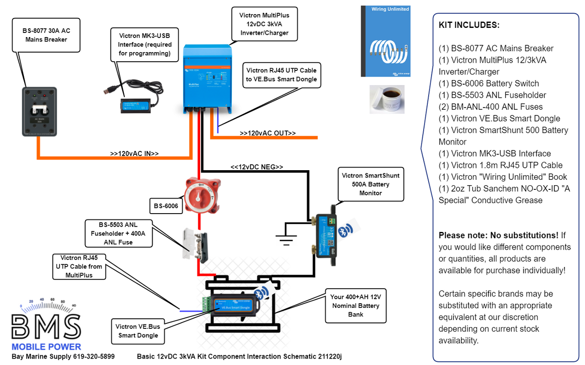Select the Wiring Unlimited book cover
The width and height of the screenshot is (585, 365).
click(385, 41)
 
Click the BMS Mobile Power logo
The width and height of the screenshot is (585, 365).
click(47, 324)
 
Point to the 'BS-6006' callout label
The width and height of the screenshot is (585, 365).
click(166, 206)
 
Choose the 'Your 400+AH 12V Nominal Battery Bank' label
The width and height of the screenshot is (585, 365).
click(356, 306)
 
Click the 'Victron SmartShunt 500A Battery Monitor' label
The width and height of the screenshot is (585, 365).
click(370, 184)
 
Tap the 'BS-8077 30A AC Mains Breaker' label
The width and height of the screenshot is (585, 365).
click(46, 35)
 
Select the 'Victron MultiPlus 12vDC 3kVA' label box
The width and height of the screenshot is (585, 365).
click(264, 24)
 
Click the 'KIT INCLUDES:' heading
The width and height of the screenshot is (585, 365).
click(469, 25)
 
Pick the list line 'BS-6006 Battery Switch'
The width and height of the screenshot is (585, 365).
click(489, 84)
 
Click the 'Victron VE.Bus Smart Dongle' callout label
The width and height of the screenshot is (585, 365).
click(138, 331)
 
